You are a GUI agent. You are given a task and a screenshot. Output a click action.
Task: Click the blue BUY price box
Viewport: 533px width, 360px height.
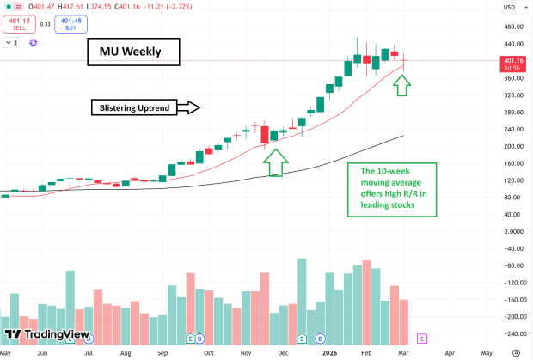71,22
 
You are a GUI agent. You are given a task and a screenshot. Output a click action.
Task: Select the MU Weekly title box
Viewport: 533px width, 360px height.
133,54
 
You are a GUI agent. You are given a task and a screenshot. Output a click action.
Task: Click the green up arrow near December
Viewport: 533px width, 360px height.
274,162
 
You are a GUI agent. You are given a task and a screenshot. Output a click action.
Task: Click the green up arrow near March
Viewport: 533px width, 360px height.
403,84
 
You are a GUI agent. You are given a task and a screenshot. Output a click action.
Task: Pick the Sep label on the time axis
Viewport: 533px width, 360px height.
163,352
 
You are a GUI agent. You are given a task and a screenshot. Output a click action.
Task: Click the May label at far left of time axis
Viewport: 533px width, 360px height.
7,352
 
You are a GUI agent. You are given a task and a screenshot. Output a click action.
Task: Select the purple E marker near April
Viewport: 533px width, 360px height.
421,339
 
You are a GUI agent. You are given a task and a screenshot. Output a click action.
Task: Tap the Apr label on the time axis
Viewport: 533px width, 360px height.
449,352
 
